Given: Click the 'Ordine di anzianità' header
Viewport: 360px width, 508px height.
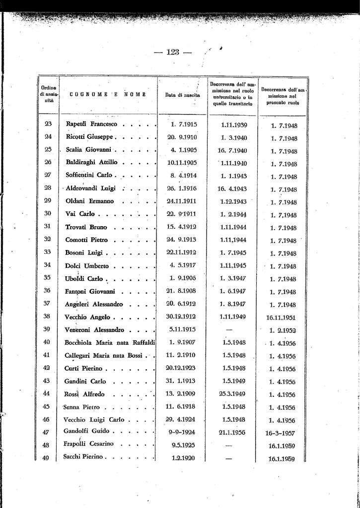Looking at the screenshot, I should click(48, 94).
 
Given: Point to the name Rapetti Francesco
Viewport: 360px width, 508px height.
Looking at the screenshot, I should click(91, 124).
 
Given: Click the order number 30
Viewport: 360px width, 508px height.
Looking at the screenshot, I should click(48, 214).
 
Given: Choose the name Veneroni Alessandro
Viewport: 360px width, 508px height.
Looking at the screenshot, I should click(94, 329).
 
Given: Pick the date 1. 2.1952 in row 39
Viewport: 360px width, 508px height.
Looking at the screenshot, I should click(283, 330).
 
